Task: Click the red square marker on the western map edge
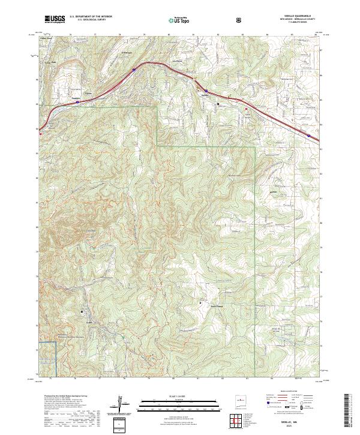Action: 40,134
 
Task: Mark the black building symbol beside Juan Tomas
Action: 200,303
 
